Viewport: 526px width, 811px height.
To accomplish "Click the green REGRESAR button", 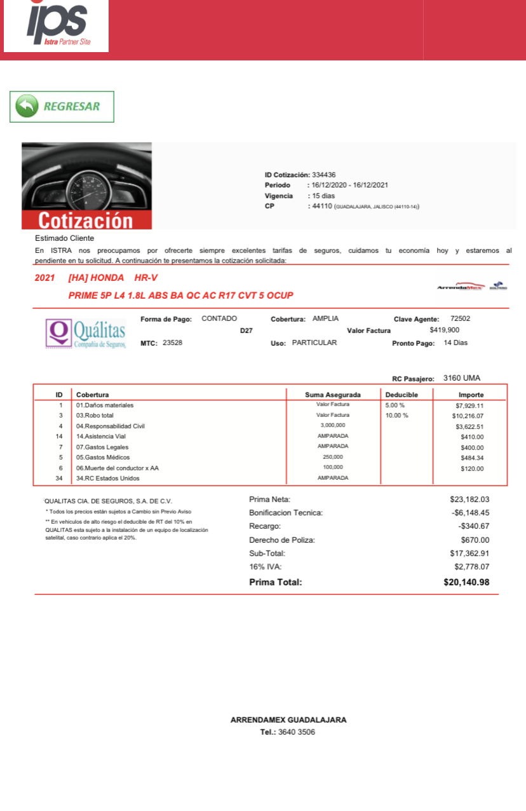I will click(x=62, y=106).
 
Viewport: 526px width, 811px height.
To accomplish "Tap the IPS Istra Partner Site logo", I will click(x=56, y=26).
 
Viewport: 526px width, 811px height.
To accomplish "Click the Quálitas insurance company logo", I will click(x=85, y=332).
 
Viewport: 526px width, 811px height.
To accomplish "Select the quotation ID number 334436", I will click(x=323, y=175).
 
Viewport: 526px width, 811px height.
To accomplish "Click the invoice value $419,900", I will click(x=444, y=330).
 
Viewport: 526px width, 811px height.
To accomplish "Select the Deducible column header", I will click(x=401, y=395).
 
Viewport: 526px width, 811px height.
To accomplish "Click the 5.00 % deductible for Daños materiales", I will click(x=395, y=405).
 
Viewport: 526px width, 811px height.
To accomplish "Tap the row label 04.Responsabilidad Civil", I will click(x=111, y=426).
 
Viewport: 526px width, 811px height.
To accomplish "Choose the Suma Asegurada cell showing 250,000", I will click(x=333, y=457).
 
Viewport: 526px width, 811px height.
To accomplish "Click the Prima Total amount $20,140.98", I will click(x=466, y=582).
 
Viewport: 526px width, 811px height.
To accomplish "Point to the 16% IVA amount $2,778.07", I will click(x=471, y=566).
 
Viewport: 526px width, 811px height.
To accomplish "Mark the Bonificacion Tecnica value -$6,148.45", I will click(x=469, y=513).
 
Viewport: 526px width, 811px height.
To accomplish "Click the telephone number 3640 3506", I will click(x=297, y=732).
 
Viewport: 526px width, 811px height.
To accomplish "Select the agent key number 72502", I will click(x=460, y=318).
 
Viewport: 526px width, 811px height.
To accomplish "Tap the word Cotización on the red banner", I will click(x=86, y=221).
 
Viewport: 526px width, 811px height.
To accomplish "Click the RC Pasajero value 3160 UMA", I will click(x=462, y=378).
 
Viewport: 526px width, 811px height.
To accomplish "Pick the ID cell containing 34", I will click(x=59, y=478).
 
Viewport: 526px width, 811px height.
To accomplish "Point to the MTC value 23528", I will click(x=173, y=343).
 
